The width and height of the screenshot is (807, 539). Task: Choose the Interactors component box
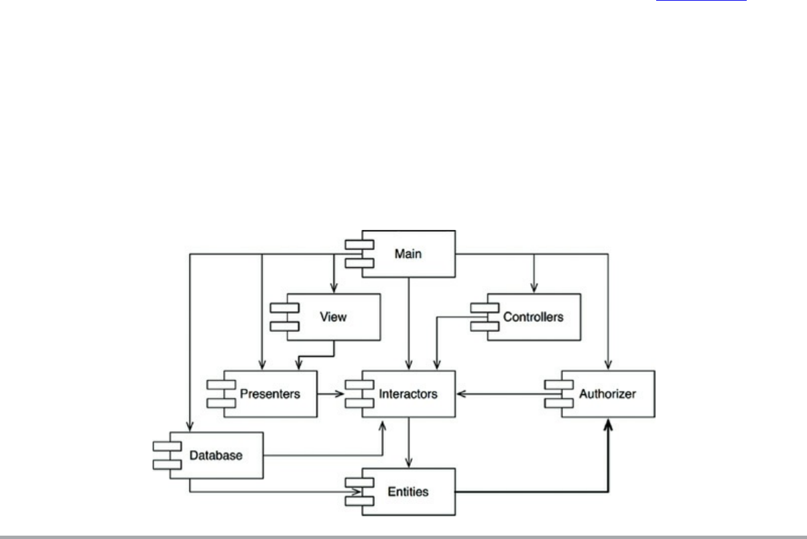(409, 394)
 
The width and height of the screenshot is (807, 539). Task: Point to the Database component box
(215, 455)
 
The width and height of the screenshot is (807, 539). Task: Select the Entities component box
(409, 491)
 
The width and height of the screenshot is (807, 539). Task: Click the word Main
(408, 254)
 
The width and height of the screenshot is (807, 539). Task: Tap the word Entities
(408, 491)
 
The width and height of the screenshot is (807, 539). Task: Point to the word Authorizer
(607, 394)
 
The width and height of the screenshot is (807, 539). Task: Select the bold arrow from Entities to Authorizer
(536, 492)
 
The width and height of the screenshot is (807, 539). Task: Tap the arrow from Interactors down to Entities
(409, 442)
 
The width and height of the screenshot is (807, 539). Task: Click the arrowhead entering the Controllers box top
(534, 288)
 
